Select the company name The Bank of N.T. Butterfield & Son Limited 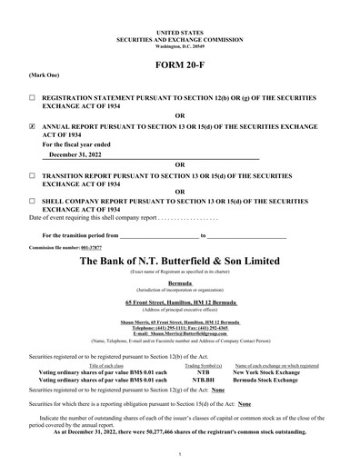pos(179,262)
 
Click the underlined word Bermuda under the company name pos(179,282)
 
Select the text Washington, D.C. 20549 pos(179,20)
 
